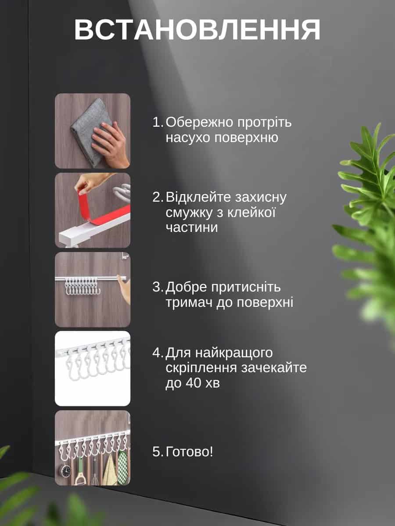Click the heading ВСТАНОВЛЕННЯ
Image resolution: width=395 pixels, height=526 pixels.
pyautogui.click(x=197, y=30)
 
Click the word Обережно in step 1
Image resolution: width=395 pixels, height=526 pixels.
pyautogui.click(x=199, y=122)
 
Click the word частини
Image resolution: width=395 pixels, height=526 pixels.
pyautogui.click(x=192, y=227)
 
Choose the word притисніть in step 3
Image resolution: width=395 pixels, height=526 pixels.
pyautogui.click(x=246, y=287)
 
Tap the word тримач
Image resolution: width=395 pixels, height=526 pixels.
pyautogui.click(x=189, y=302)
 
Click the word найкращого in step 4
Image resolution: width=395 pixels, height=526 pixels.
pyautogui.click(x=234, y=353)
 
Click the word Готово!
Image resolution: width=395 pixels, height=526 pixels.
pyautogui.click(x=189, y=452)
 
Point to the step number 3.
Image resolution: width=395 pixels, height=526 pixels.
pyautogui.click(x=158, y=287)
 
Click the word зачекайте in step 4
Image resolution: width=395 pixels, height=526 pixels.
pyautogui.click(x=274, y=368)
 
